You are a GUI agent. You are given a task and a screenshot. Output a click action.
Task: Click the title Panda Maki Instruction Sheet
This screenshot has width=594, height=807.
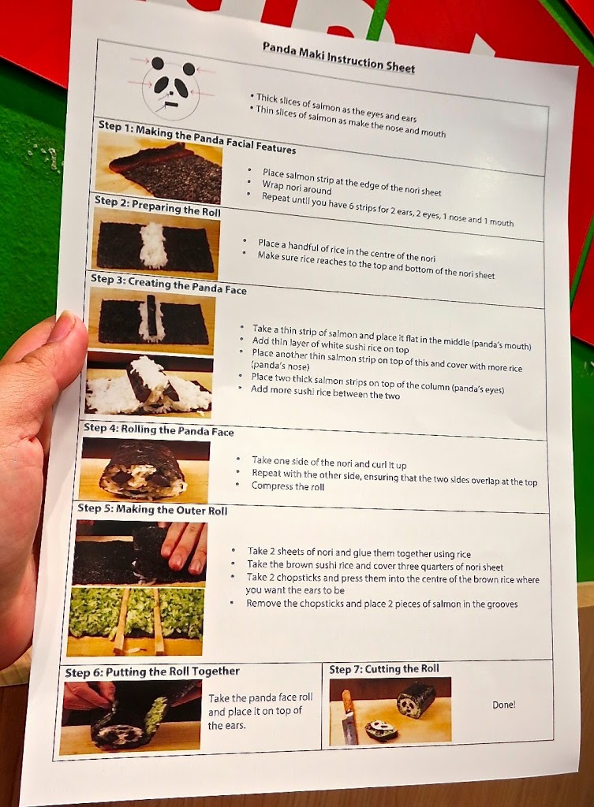(338, 57)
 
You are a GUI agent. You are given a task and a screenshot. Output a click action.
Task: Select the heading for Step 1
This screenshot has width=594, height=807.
(196, 137)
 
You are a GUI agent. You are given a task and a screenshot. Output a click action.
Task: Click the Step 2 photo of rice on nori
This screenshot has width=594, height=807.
(156, 249)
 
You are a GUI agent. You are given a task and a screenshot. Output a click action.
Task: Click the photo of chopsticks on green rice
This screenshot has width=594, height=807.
(136, 621)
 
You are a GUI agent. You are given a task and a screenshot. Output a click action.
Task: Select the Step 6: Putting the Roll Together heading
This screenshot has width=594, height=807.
(152, 672)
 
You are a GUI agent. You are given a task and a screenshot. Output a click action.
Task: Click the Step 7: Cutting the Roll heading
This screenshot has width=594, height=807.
(384, 668)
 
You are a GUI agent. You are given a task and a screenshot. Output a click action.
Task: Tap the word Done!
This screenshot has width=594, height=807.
(503, 705)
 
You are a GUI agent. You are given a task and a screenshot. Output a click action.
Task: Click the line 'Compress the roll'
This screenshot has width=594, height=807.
(287, 486)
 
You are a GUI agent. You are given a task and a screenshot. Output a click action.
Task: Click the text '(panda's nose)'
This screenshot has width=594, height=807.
(280, 366)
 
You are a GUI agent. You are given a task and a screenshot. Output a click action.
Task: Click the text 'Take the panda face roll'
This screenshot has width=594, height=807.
(260, 698)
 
